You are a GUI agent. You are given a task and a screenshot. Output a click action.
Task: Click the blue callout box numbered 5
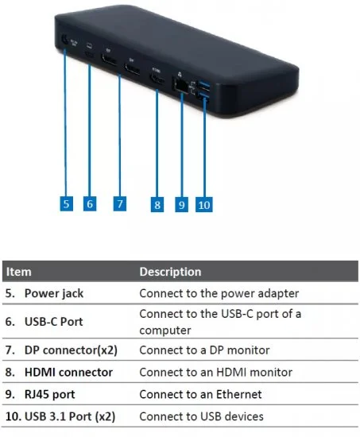point(67,203)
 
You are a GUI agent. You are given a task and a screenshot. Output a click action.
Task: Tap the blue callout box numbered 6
point(90,203)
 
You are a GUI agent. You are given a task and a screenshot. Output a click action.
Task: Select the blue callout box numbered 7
point(120,203)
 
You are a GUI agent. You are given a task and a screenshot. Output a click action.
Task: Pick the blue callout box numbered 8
point(157,204)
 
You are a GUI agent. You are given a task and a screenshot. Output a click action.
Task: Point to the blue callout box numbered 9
point(181,204)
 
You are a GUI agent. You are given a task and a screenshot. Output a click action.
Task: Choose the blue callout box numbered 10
point(204,204)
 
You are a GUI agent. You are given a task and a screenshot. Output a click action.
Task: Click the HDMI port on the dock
point(158,79)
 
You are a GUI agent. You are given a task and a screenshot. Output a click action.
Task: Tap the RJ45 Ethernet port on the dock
point(181,84)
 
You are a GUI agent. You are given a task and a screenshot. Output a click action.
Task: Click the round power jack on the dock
point(64,41)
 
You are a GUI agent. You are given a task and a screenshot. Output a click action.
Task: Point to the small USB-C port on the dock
point(90,54)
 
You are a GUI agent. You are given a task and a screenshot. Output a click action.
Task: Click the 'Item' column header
point(19,272)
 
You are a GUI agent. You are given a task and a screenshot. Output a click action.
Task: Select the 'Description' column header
point(170,272)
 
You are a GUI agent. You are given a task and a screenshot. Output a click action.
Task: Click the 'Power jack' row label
point(54,293)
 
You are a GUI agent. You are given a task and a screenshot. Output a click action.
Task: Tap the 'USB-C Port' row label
point(53,322)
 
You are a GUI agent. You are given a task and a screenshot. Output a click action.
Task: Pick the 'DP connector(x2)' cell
point(71,350)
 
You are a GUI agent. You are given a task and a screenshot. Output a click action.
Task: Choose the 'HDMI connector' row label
point(68,372)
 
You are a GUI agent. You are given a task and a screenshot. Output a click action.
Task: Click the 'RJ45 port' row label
point(49,394)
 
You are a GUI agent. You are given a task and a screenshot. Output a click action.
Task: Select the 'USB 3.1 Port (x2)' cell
point(70,416)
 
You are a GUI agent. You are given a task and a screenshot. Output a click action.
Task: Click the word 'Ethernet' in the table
point(239,394)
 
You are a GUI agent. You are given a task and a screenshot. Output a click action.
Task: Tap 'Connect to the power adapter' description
point(219,293)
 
